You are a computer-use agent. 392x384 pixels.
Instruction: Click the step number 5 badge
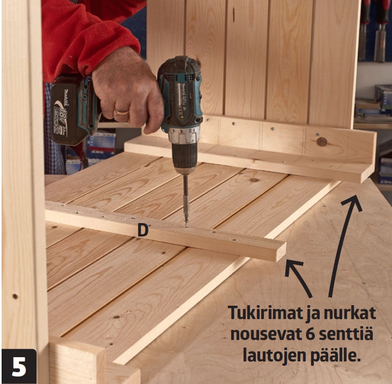click(19, 366)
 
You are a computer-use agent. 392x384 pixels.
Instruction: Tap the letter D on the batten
click(143, 231)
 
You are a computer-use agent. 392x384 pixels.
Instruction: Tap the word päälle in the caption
click(336, 356)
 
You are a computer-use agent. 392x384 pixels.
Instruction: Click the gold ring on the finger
click(122, 112)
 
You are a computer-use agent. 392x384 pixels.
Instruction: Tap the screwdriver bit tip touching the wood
click(186, 226)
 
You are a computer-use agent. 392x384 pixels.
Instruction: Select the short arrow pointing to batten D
click(297, 277)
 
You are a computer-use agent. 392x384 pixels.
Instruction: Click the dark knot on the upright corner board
click(322, 142)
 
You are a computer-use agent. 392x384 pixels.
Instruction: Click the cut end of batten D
click(281, 252)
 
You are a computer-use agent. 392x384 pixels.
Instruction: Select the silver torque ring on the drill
click(184, 135)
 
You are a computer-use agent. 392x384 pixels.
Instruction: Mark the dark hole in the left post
click(15, 297)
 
